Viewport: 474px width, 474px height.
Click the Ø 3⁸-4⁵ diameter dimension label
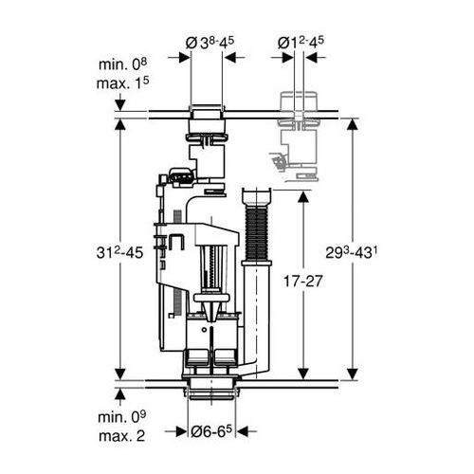(210, 43)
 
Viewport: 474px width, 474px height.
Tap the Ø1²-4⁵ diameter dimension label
(301, 43)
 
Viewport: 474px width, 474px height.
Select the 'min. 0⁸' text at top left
(122, 64)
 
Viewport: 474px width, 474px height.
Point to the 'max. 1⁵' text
(122, 83)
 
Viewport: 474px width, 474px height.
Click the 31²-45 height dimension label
(119, 253)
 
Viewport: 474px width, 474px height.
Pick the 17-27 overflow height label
(302, 281)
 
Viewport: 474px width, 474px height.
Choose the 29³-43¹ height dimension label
(352, 253)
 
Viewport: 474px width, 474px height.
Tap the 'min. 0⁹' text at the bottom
(122, 417)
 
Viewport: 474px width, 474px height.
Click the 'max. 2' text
(121, 436)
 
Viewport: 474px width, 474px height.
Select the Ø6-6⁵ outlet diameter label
(211, 430)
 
